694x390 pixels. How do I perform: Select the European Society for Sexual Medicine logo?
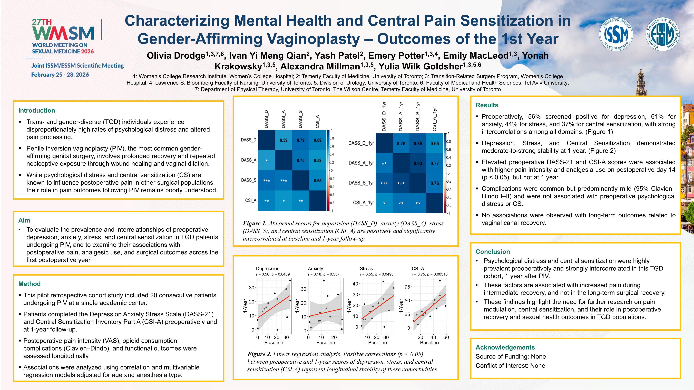pyautogui.click(x=662, y=34)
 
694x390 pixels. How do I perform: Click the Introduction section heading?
pyautogui.click(x=37, y=110)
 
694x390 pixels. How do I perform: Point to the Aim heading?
pyautogui.click(x=24, y=220)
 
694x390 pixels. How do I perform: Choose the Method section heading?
pyautogui.click(x=29, y=284)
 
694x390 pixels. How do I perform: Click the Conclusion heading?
pyautogui.click(x=493, y=252)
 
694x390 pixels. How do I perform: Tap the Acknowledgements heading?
pyautogui.click(x=505, y=347)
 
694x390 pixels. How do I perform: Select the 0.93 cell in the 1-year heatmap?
pyautogui.click(x=418, y=163)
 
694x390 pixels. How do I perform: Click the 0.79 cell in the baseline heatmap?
pyautogui.click(x=301, y=140)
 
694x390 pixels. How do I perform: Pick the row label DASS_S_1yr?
pyautogui.click(x=361, y=183)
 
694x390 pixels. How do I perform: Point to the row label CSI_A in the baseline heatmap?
pyautogui.click(x=251, y=201)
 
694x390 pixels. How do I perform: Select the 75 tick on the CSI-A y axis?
pyautogui.click(x=407, y=287)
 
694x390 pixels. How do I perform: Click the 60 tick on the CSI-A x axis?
pyautogui.click(x=446, y=337)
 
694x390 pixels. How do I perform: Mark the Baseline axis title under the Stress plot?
pyautogui.click(x=377, y=343)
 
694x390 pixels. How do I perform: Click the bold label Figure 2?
pyautogui.click(x=259, y=354)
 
